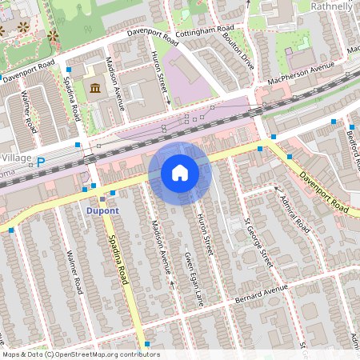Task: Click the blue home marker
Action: click(180, 172)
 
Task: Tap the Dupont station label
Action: click(102, 211)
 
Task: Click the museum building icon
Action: click(96, 87)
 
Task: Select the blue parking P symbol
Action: click(41, 161)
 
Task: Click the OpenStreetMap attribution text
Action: click(81, 354)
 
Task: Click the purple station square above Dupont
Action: click(102, 198)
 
